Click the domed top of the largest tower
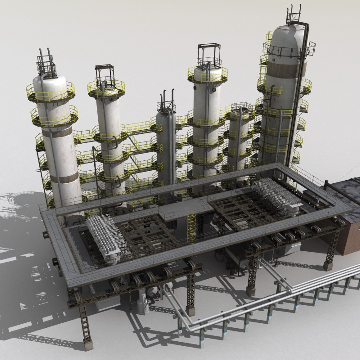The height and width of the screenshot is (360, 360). pyautogui.click(x=287, y=33)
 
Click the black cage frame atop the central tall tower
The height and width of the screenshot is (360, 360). pyautogui.click(x=209, y=55)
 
